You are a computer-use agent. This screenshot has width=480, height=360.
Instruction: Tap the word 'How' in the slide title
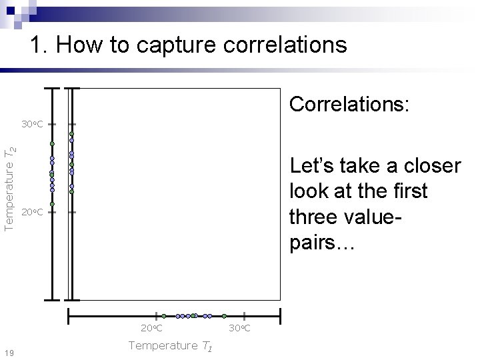tap(79, 45)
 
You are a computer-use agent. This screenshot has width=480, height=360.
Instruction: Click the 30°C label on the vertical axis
tap(31, 124)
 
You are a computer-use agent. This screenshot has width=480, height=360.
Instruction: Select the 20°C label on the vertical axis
tap(31, 213)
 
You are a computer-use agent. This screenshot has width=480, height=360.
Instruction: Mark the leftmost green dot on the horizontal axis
tap(163, 315)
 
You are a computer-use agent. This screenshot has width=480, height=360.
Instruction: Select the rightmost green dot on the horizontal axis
tap(224, 315)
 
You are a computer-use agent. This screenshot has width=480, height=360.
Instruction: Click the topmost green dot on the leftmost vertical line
tap(52, 143)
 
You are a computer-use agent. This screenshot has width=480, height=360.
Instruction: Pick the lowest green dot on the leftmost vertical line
tap(52, 204)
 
